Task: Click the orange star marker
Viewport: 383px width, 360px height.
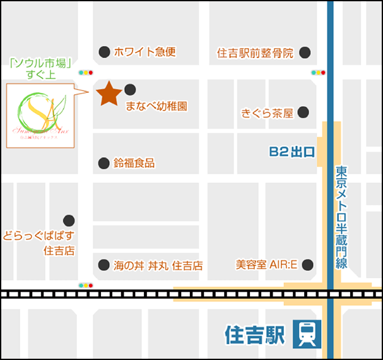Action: point(109,93)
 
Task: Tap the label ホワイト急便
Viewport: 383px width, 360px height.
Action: point(144,52)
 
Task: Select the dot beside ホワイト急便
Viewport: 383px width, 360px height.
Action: point(104,52)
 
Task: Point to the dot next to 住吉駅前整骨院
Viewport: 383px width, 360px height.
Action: point(305,52)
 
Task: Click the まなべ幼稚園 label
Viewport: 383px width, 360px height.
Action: point(156,106)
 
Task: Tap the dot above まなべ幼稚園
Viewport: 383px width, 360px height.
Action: point(130,89)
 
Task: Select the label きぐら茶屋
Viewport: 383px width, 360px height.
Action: point(268,113)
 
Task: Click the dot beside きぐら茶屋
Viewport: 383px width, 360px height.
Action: point(303,112)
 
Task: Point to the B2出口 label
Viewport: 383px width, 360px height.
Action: point(292,152)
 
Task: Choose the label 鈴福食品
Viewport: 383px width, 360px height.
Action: point(134,164)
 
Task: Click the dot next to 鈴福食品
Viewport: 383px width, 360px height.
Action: point(103,164)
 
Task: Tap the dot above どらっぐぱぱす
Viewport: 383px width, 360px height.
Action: point(69,220)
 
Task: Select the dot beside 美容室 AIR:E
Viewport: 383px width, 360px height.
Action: point(307,264)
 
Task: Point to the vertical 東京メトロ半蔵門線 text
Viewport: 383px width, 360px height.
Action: point(341,217)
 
